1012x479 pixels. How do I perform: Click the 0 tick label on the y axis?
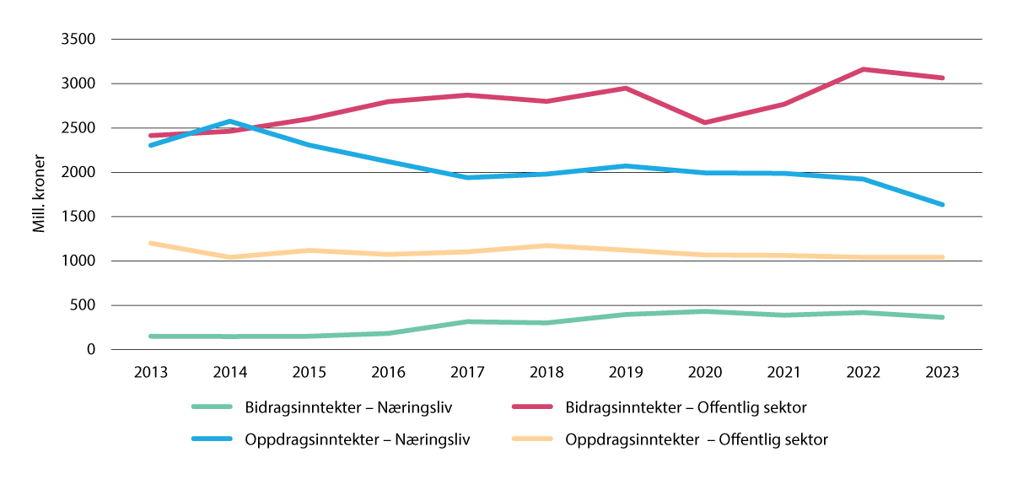click(x=91, y=350)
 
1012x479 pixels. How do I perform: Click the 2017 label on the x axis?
click(x=467, y=373)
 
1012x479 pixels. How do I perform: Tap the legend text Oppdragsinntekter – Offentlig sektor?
click(x=697, y=439)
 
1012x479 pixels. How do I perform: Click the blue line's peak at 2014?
click(x=230, y=121)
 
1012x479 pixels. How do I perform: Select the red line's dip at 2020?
click(x=704, y=122)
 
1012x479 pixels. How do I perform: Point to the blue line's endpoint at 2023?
click(x=942, y=204)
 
